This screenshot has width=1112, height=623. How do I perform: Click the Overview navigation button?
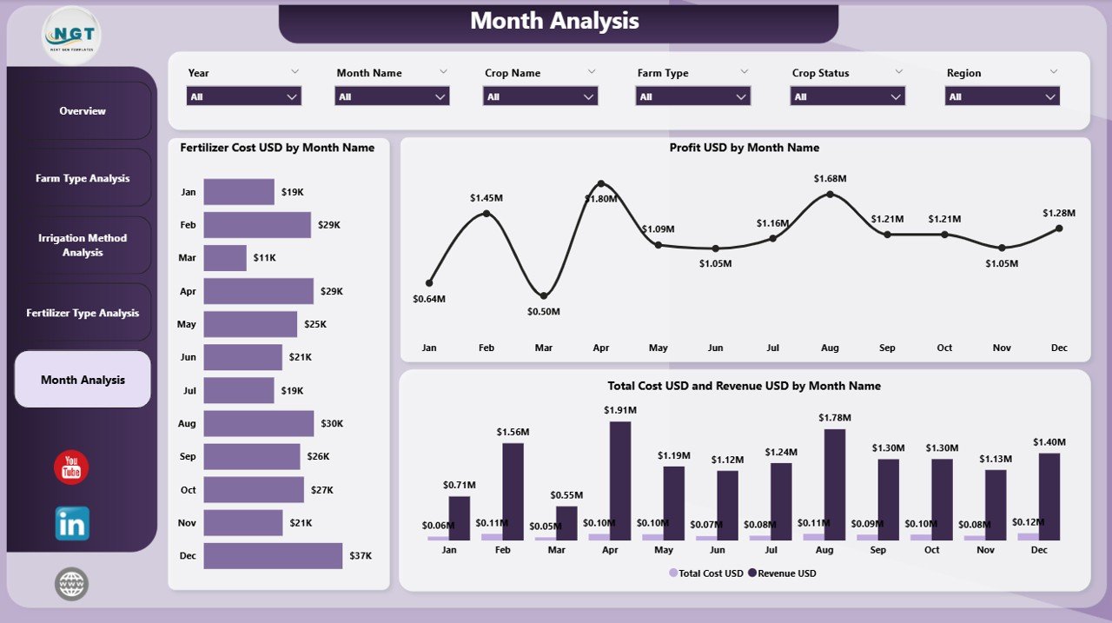coord(83,111)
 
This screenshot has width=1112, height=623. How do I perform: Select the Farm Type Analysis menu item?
coord(83,178)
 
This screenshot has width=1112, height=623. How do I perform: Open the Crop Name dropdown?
coord(540,96)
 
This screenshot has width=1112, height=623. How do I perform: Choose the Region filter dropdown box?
coord(1002,96)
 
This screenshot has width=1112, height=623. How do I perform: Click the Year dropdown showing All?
coord(244,96)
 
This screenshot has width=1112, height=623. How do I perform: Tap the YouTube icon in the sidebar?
coord(71,467)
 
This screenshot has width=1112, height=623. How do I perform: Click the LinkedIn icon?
coord(71,523)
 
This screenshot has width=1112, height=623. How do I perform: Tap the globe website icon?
coord(71,584)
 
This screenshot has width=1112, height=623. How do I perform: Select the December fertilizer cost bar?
coord(273,556)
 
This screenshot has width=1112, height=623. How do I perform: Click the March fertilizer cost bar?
coord(225,258)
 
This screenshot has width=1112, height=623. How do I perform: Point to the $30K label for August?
coord(332,423)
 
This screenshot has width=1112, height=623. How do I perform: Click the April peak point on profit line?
coord(600,183)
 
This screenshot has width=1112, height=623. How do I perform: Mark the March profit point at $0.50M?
coord(543,295)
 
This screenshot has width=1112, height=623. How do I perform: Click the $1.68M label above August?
coord(830,178)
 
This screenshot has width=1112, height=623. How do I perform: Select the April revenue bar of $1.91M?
coord(620,481)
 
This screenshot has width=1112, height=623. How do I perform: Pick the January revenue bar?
coord(459,518)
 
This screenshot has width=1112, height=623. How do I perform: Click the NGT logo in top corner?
coord(71,35)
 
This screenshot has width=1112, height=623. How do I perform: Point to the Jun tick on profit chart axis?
coord(715,348)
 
